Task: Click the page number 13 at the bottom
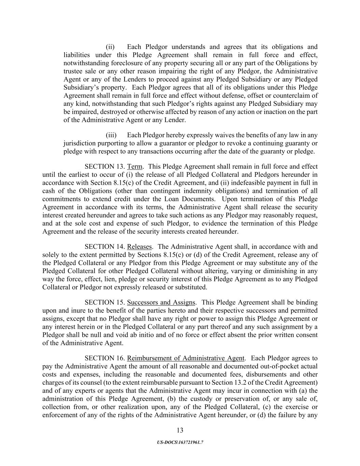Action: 180,430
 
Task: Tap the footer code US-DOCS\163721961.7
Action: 180,442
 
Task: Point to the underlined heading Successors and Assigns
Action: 161,302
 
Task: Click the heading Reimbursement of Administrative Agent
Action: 186,358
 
